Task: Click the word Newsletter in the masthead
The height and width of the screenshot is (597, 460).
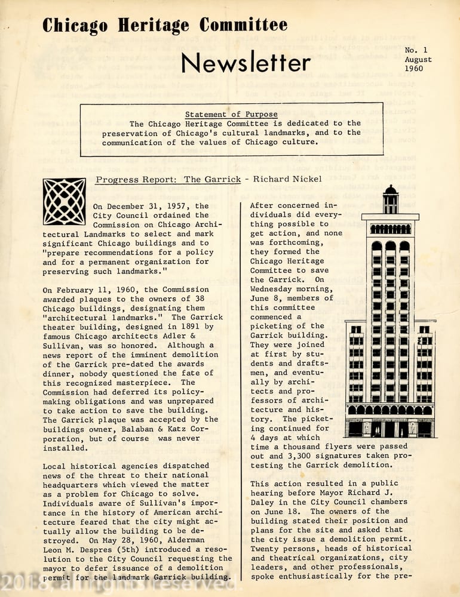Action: coord(246,63)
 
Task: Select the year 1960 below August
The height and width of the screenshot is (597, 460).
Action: coord(413,69)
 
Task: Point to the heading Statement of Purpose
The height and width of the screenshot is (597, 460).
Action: coord(231,114)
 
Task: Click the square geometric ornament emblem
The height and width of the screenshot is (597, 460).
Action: coord(64,201)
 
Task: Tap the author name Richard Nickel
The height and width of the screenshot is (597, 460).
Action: coord(287,179)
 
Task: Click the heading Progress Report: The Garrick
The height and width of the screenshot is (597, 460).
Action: coord(168,179)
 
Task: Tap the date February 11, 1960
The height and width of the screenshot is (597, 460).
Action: coord(106,290)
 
